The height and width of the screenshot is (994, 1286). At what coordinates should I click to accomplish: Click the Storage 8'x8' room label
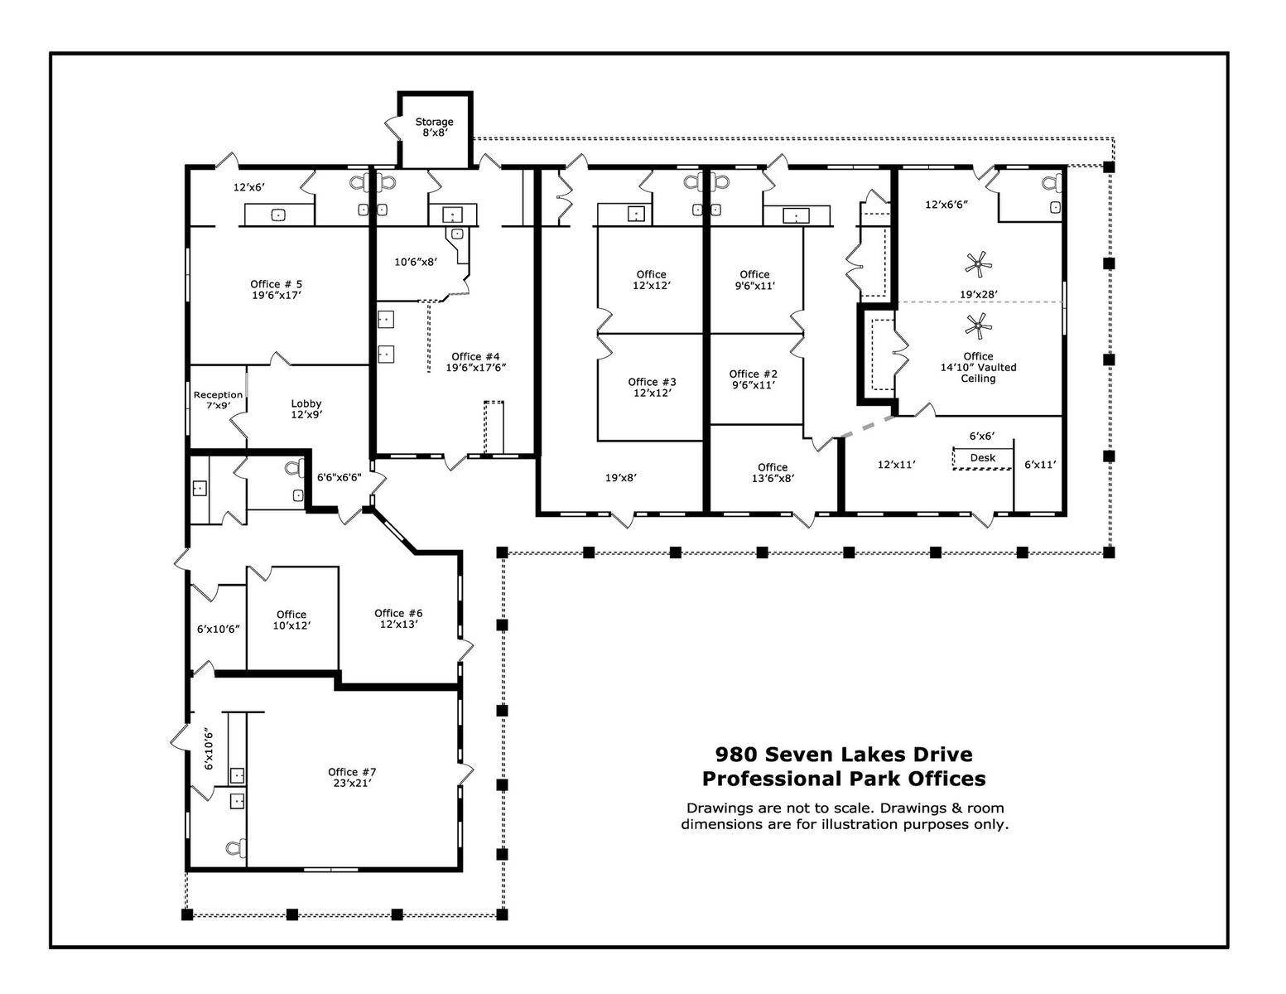(x=434, y=127)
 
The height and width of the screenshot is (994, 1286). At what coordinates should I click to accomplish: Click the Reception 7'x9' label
(x=218, y=400)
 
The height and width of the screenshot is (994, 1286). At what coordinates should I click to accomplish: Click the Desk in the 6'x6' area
(x=982, y=458)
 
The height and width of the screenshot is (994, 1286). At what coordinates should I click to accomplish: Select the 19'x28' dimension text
(x=978, y=294)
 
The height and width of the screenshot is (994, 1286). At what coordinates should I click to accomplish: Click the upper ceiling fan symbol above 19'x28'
(x=978, y=265)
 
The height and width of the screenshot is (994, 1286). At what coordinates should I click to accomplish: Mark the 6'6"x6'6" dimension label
(x=339, y=477)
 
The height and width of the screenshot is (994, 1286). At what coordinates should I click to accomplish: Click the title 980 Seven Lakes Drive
(x=844, y=755)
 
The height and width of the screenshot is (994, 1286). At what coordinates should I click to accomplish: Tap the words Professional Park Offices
(x=844, y=779)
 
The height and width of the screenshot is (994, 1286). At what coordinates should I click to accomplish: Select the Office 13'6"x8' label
(x=773, y=472)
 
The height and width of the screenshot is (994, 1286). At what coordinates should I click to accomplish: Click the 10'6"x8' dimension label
(x=415, y=262)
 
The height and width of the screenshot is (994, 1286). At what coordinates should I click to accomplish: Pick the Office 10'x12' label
(x=291, y=620)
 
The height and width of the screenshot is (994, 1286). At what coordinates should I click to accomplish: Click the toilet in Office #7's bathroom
(x=235, y=847)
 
